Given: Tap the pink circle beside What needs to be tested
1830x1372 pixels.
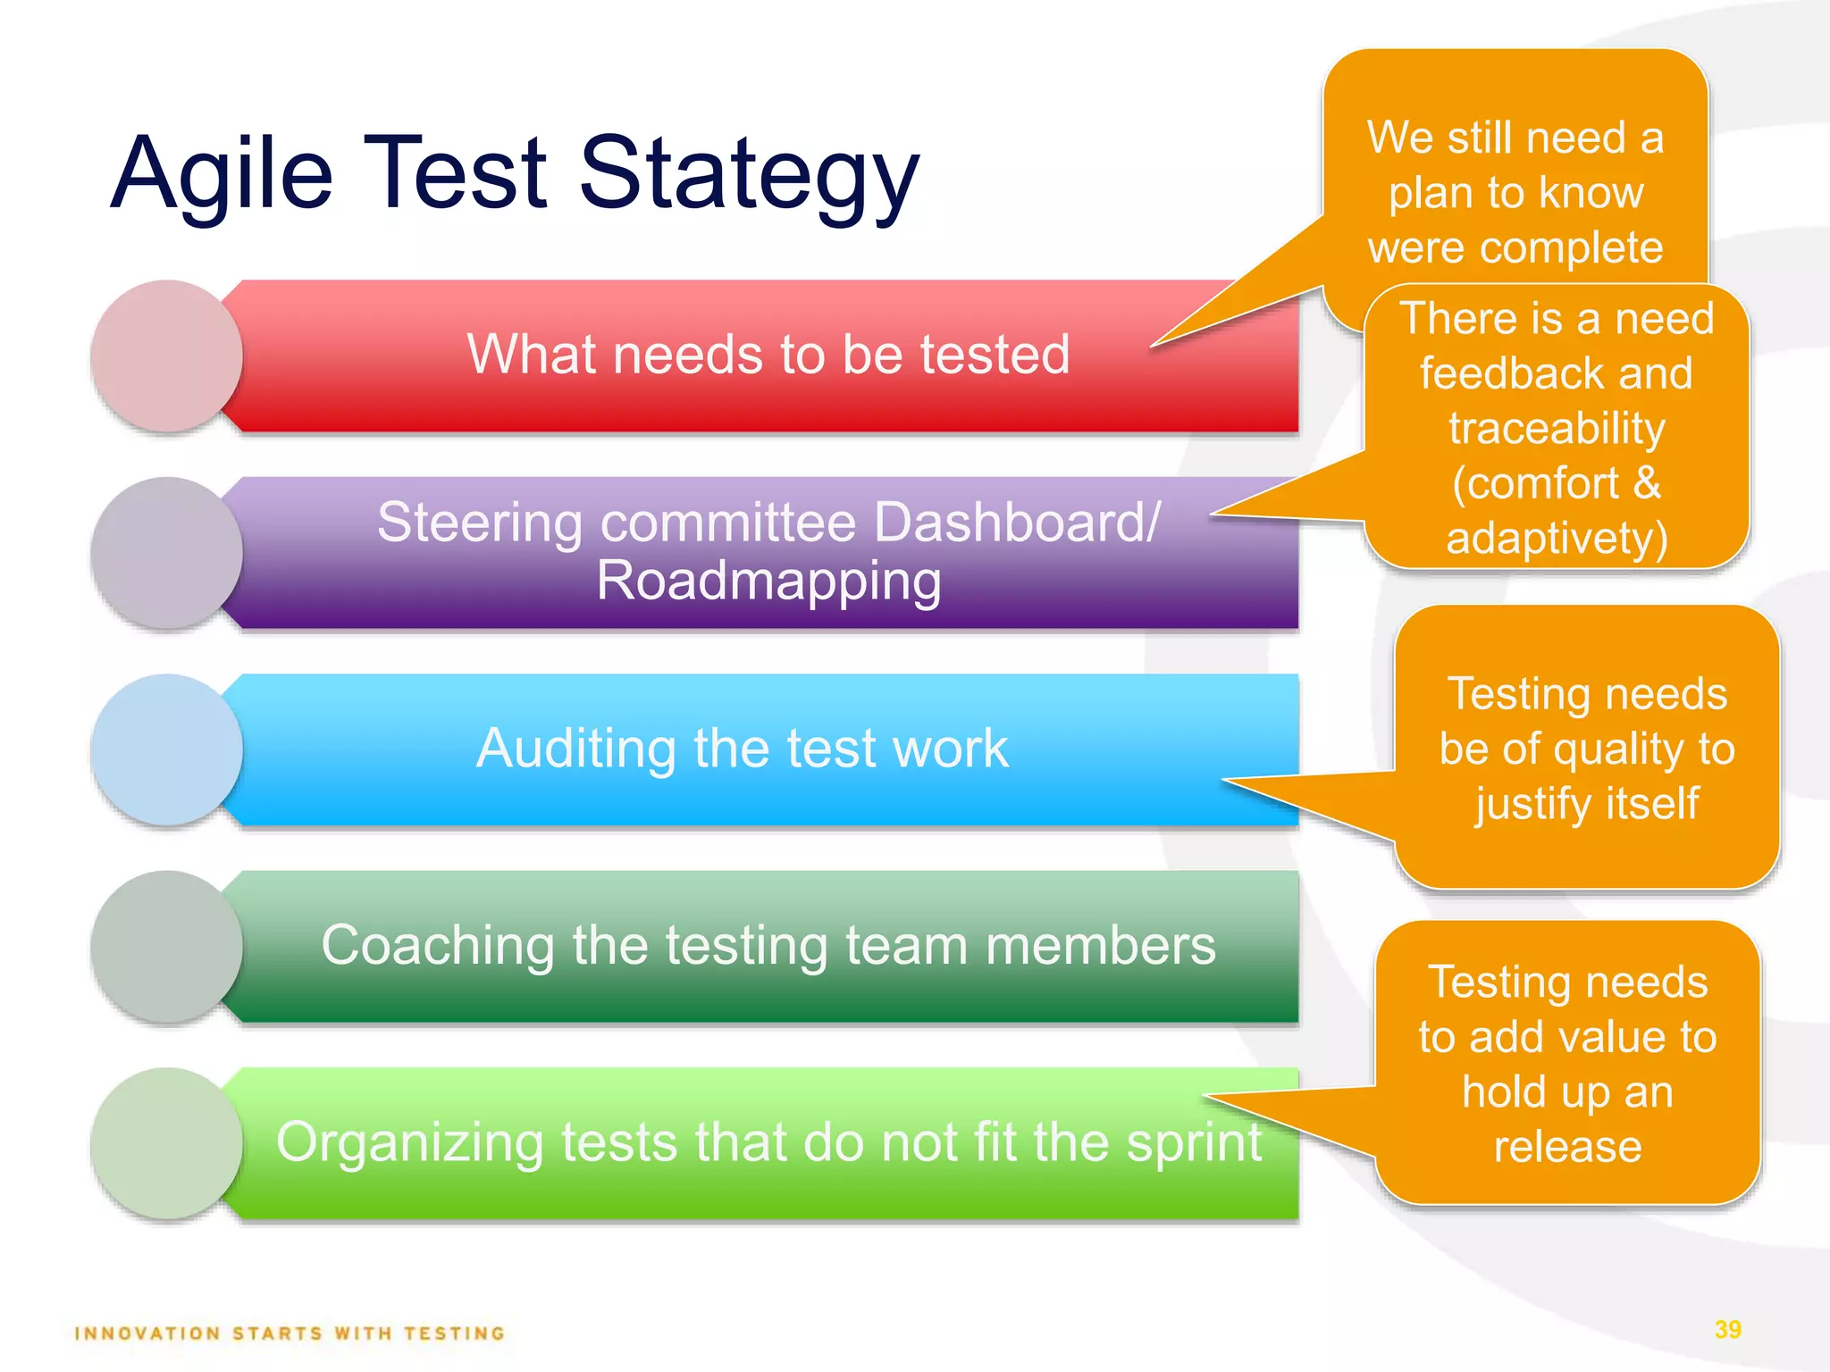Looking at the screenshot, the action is coord(166,356).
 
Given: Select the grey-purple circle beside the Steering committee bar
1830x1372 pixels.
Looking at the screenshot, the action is coord(166,552).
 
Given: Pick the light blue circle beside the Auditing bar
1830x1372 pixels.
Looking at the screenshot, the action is coord(166,749).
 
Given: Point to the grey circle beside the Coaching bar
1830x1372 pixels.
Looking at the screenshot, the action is coord(166,946).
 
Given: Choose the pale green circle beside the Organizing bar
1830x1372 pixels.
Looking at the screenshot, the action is coord(166,1142).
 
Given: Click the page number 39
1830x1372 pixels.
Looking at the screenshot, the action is coord(1728,1329).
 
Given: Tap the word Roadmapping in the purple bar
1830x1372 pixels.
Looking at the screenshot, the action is coord(768,581).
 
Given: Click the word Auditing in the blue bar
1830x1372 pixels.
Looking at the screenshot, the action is coord(575,749).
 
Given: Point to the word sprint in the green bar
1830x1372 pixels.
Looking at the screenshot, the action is coord(1194,1142).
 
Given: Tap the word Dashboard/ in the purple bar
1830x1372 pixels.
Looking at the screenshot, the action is coord(1017,522).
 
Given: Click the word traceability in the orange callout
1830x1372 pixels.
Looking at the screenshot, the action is coord(1557,429).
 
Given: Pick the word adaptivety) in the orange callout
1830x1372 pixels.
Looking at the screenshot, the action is coord(1557,539).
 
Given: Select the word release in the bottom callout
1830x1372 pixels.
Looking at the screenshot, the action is coord(1567,1147).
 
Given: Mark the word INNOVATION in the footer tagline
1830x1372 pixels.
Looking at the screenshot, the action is coord(147,1334).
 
